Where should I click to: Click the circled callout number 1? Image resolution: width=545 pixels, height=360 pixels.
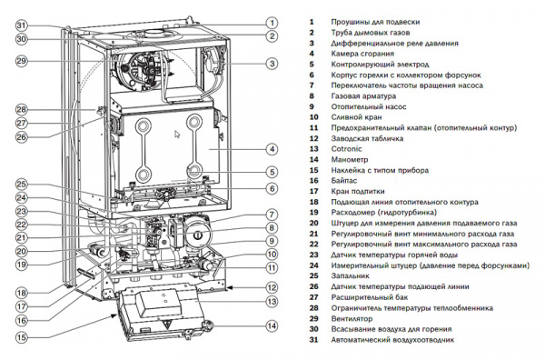click(272, 21)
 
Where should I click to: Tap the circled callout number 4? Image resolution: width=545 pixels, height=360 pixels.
click(272, 148)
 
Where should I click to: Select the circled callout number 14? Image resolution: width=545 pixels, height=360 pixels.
click(272, 326)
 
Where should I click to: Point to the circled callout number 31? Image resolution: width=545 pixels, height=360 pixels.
click(22, 25)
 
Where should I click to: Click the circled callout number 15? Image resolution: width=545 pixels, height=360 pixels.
click(22, 337)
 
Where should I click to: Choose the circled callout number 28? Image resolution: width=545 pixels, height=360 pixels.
click(22, 110)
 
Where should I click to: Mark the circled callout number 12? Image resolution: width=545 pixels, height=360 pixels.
click(272, 286)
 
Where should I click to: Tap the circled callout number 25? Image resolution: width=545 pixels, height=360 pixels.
click(22, 185)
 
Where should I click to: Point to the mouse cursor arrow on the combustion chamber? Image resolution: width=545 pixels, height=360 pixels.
click(178, 135)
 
